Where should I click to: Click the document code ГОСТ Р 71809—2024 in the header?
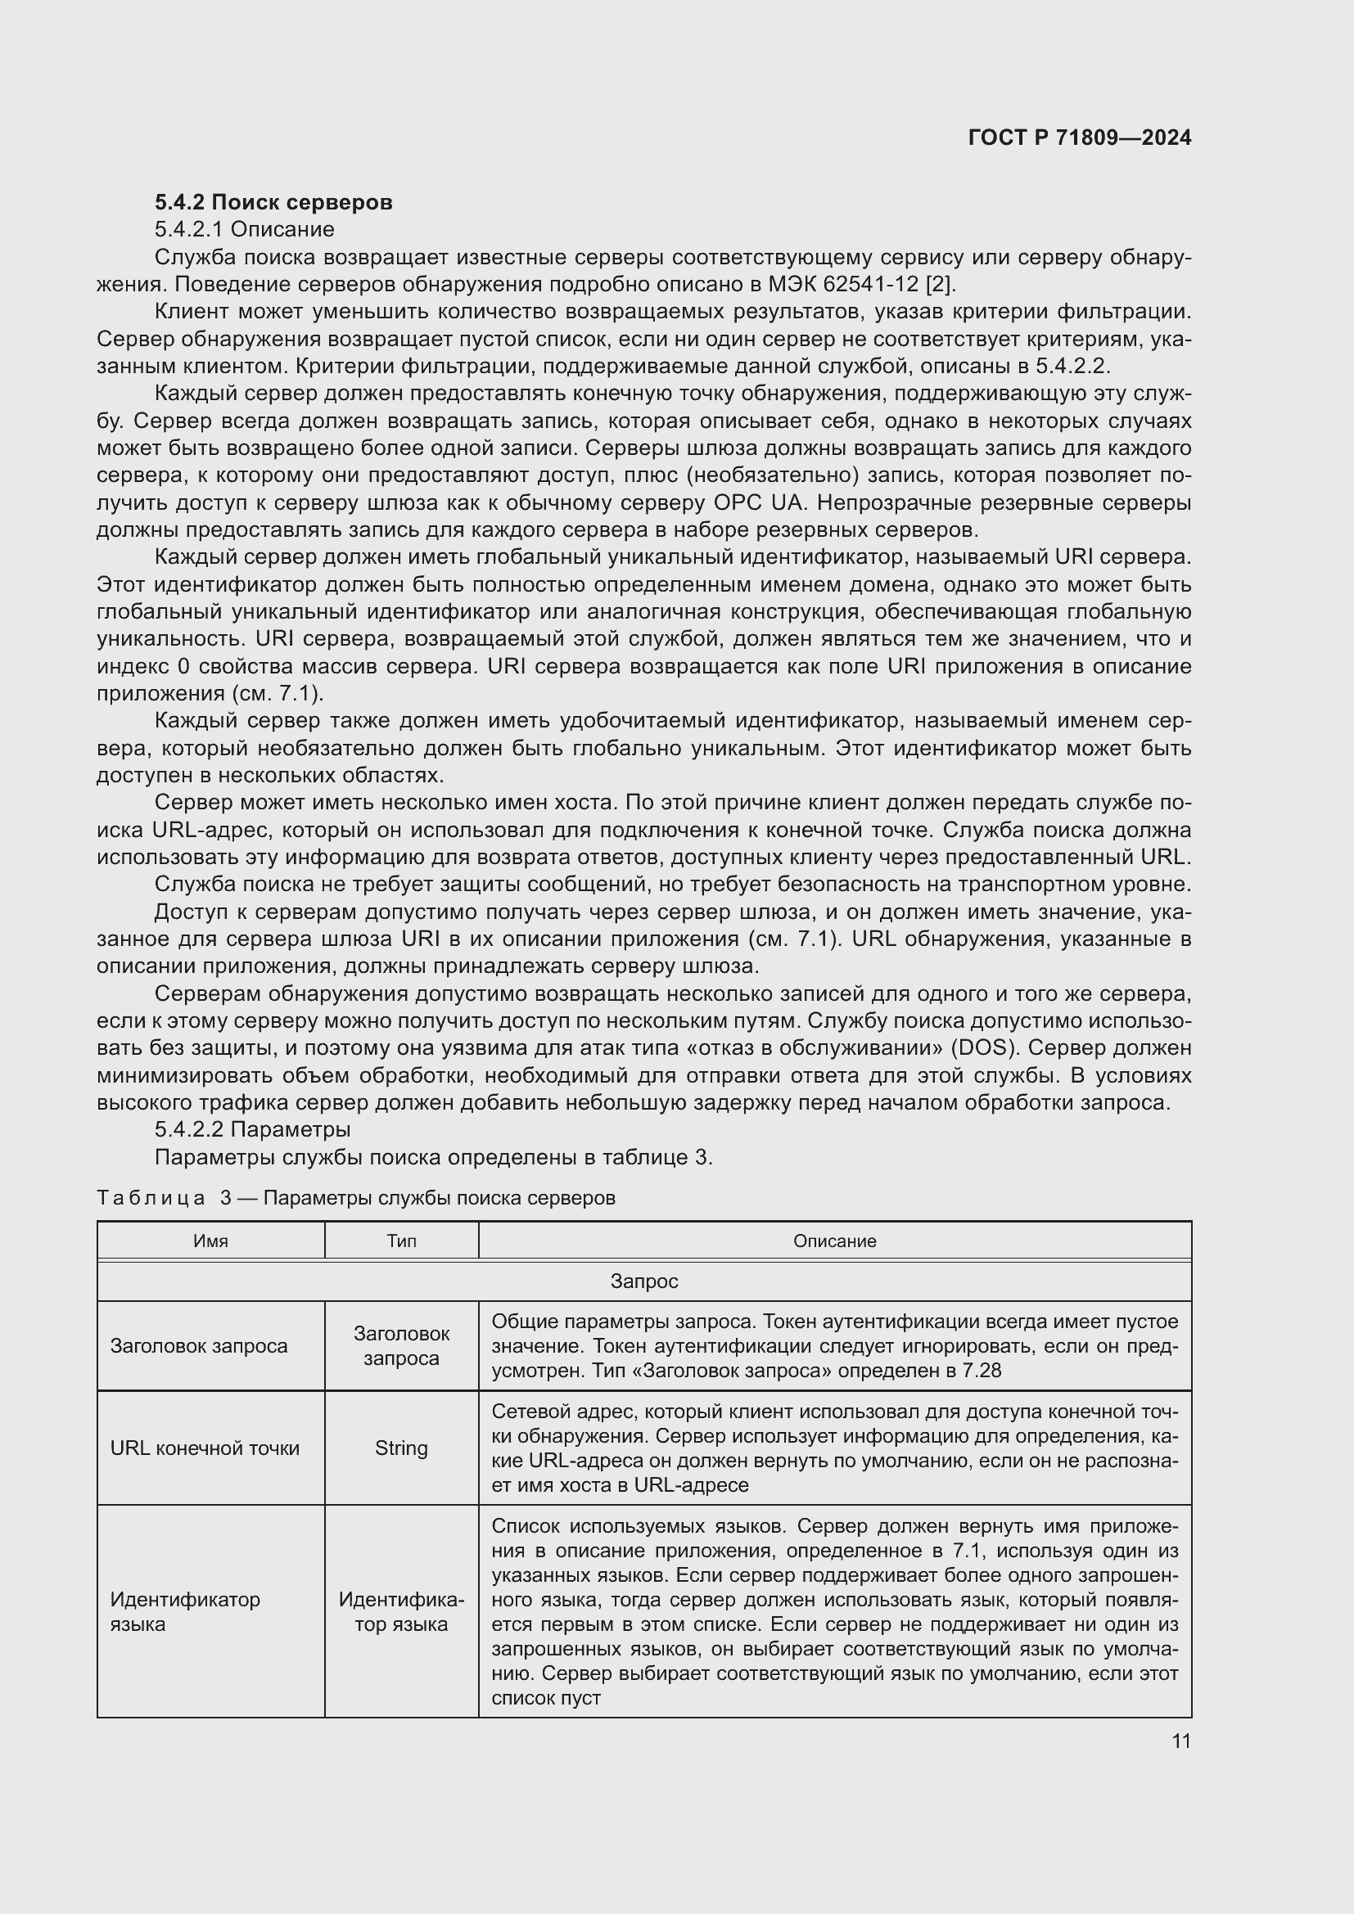pos(1079,138)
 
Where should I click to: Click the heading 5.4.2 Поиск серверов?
pos(273,203)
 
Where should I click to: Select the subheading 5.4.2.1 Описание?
pos(244,229)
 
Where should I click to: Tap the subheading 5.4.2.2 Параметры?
pos(252,1129)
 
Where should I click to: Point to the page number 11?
pos(1180,1741)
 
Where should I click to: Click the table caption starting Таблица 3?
pos(356,1198)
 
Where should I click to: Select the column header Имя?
pos(211,1241)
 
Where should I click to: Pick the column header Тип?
pos(401,1241)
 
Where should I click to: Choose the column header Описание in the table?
pos(833,1241)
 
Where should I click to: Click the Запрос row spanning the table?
pos(643,1281)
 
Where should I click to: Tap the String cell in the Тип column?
pos(401,1448)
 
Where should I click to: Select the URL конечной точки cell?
pos(205,1448)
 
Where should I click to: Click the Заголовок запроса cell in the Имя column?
pos(198,1346)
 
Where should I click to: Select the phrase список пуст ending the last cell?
pos(545,1698)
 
